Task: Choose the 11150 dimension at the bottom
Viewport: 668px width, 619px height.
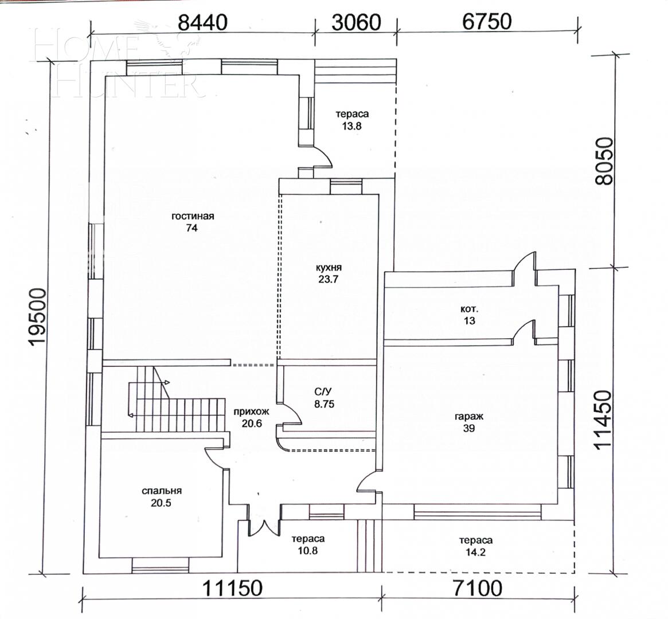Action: [232, 588]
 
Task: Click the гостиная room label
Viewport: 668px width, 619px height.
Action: [192, 222]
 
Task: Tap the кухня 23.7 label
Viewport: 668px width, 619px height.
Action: [329, 273]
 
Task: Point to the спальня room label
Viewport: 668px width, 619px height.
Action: [162, 497]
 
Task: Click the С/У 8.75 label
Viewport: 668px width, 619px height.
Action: [323, 398]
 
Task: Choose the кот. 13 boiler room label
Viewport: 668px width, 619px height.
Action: [469, 315]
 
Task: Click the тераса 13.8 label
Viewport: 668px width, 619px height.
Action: [352, 120]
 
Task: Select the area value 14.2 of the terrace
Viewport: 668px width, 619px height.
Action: [476, 553]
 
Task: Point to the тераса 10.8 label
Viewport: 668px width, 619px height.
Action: [308, 544]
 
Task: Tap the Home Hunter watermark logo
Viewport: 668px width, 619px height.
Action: [118, 63]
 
